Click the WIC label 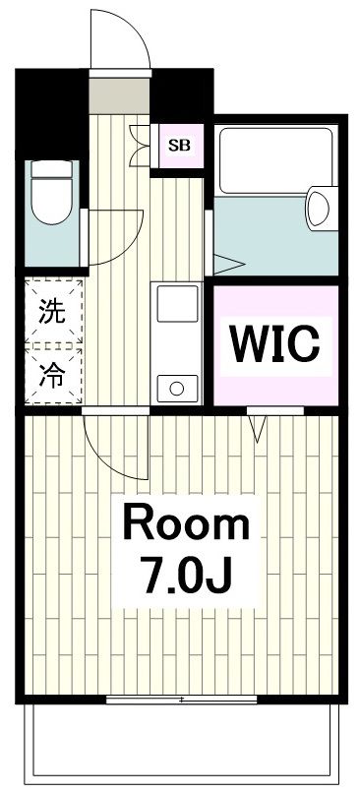pos(275,342)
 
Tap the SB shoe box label pos(179,146)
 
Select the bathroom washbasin pos(319,207)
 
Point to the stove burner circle pos(177,387)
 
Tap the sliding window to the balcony pos(183,700)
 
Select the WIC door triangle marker pos(260,425)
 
